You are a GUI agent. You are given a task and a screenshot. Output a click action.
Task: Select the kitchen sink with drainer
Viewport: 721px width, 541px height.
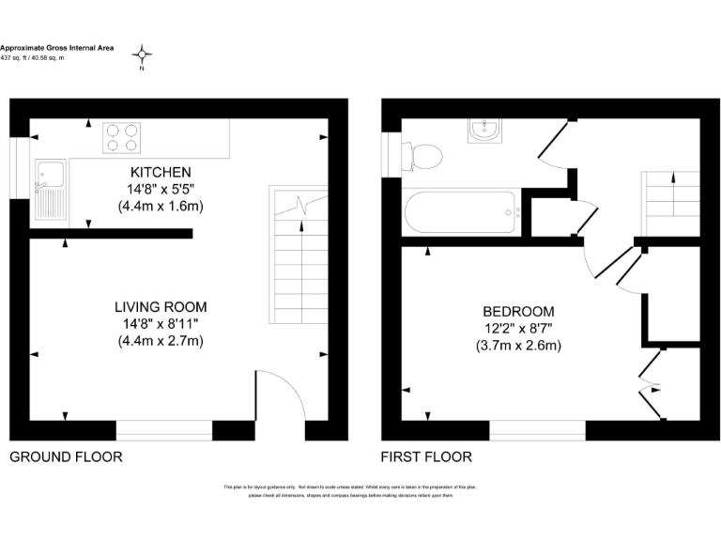(49, 189)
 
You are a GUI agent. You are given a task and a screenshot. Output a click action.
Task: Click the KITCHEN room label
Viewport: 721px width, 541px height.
(161, 172)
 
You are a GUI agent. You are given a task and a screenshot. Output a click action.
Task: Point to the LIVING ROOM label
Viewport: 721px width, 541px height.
(161, 307)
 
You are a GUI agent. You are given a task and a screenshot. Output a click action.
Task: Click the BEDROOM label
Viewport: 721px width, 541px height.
(518, 311)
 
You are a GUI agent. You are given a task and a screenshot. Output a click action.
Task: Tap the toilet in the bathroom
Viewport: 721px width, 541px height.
(424, 155)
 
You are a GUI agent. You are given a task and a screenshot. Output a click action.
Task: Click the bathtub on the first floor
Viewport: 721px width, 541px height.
(459, 213)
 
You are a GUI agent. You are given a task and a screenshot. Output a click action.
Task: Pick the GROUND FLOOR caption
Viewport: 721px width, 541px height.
(66, 457)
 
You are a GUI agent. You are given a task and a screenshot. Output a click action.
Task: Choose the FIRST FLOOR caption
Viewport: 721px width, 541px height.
(426, 457)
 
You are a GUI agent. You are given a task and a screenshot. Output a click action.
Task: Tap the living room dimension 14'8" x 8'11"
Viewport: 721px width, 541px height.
(161, 324)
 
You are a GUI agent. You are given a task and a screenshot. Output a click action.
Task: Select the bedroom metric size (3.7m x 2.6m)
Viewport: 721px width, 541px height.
(518, 345)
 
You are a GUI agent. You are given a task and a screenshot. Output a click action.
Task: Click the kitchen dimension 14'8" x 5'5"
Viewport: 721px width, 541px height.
(161, 189)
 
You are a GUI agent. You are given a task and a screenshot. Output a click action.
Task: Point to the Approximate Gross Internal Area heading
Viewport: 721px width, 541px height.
(56, 47)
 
